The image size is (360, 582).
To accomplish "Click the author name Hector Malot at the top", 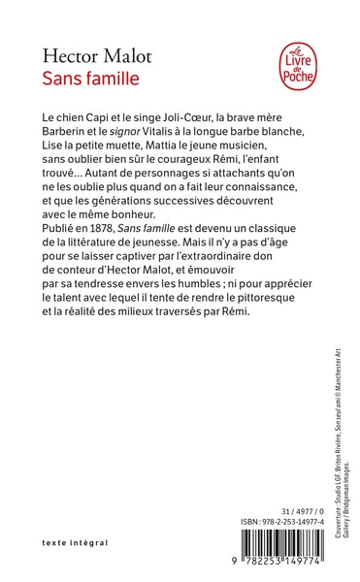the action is tap(85, 51).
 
